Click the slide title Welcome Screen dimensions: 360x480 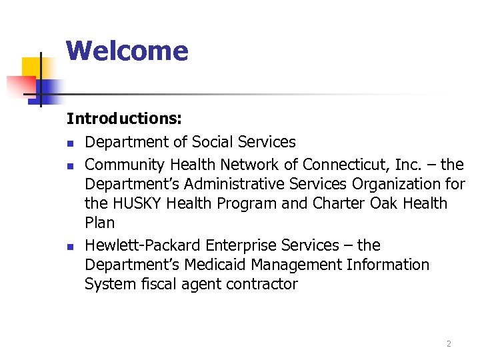point(127,51)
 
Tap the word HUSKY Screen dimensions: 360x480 point(139,203)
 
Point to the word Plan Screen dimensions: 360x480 point(100,223)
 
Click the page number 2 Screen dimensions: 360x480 point(449,344)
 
